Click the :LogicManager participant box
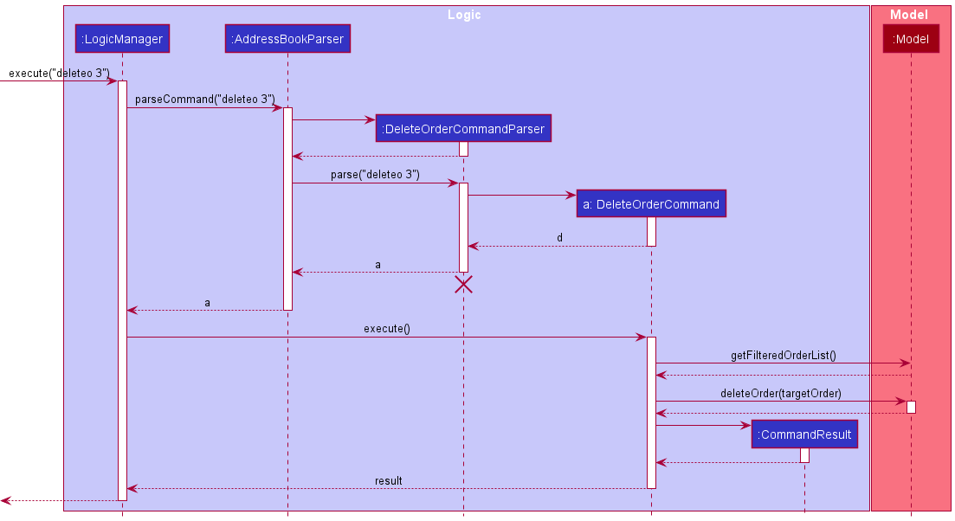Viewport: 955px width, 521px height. (x=122, y=39)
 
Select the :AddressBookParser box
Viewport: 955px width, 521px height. (x=287, y=39)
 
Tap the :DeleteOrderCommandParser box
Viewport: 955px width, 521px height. (x=463, y=129)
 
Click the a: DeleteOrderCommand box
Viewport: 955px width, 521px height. (x=651, y=204)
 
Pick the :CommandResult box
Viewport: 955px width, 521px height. (x=804, y=434)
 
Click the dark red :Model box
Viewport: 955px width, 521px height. (x=911, y=39)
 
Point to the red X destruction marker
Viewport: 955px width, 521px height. (x=464, y=285)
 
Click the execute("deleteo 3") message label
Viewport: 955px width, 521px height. (x=59, y=74)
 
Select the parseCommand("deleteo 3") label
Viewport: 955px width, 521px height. (x=204, y=100)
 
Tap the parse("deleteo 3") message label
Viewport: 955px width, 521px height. (x=375, y=175)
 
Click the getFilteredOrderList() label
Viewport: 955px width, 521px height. (x=783, y=355)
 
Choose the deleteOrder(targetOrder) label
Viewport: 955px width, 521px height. (x=780, y=394)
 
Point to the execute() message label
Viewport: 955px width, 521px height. (x=386, y=329)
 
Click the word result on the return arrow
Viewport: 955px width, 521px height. (x=388, y=480)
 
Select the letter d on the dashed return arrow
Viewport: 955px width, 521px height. (x=559, y=238)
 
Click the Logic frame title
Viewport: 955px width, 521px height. (x=464, y=15)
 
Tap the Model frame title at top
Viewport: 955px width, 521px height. (x=909, y=15)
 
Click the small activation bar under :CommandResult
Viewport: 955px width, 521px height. (x=804, y=455)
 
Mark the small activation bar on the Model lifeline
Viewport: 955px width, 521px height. (x=911, y=407)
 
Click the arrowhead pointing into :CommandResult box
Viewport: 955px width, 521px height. (x=745, y=425)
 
